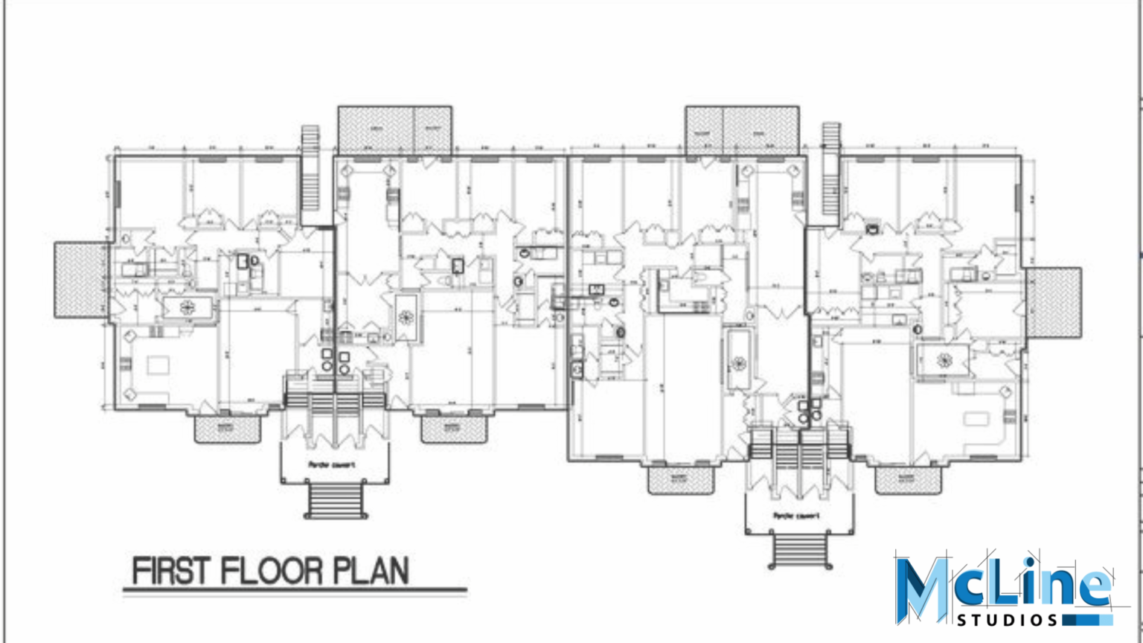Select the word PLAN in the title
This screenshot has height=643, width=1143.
[x=370, y=572]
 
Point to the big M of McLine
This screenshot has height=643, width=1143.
[x=923, y=588]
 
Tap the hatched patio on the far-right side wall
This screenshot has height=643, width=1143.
[x=1054, y=303]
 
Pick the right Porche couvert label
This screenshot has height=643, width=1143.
[x=796, y=516]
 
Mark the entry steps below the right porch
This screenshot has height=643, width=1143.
[x=801, y=551]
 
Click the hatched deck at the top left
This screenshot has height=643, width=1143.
[x=394, y=130]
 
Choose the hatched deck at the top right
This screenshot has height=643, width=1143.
[x=742, y=130]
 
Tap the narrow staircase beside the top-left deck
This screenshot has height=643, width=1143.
[x=310, y=175]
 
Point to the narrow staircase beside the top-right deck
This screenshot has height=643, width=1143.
[x=830, y=175]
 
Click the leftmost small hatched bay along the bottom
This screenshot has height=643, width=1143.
[x=228, y=429]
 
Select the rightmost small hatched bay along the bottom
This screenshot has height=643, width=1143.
[x=906, y=479]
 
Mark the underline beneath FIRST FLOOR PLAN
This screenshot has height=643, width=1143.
[x=295, y=593]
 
